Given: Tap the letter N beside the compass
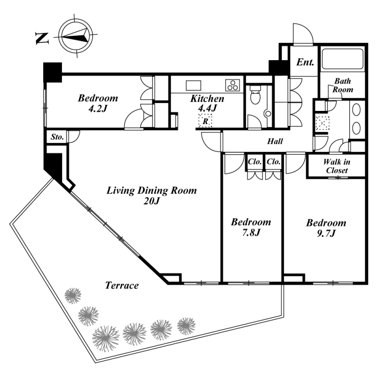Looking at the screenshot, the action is (x=42, y=39).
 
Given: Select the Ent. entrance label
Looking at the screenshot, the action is (x=305, y=63).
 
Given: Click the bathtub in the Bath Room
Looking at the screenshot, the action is (x=343, y=59).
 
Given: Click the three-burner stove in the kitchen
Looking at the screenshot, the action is (x=232, y=85).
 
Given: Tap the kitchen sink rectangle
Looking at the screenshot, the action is (x=194, y=86).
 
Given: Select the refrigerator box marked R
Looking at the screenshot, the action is (x=205, y=121).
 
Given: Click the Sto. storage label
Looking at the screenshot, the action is (x=57, y=137).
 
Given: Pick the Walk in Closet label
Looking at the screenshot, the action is (x=337, y=166).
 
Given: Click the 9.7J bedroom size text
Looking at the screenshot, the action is (x=326, y=233).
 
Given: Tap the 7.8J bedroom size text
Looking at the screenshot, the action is (x=251, y=232).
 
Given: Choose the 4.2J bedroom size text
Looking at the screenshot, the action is (x=98, y=109).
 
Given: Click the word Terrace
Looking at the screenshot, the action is (x=122, y=285).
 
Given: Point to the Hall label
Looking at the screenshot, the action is (x=275, y=141).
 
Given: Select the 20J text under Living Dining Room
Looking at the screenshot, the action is (x=151, y=201).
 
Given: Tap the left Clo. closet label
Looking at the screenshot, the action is (x=254, y=162).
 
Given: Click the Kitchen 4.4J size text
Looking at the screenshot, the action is (x=207, y=109).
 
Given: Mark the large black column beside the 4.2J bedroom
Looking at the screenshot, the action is (x=53, y=72).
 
